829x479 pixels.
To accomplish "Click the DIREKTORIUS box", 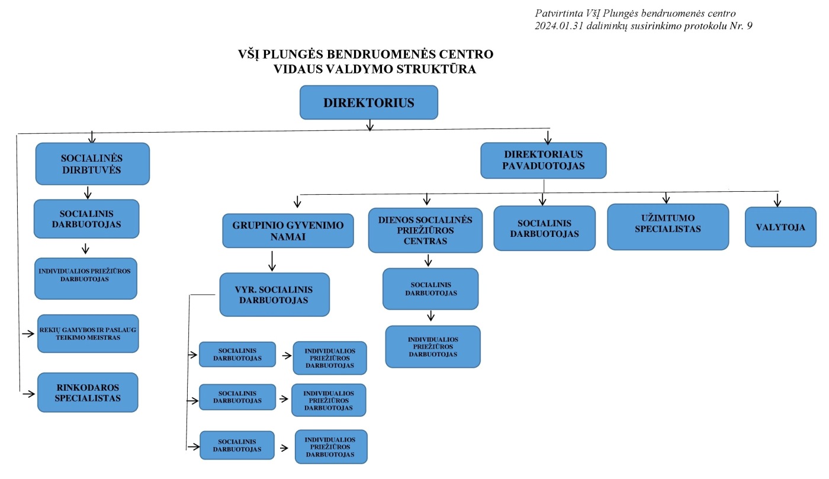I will point(368,102).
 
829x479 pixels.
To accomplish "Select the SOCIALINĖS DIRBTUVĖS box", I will point(92,163).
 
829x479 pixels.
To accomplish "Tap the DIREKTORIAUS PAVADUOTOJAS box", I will point(544,160).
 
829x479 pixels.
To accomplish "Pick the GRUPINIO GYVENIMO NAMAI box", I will point(288,231).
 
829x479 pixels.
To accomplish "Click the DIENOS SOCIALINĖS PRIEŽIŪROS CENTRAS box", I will point(425,230).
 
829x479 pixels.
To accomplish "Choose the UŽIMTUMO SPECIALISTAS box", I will point(667,227).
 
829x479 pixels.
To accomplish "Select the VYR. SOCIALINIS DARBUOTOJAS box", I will point(274,294).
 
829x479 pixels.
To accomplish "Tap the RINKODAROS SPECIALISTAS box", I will point(88,393).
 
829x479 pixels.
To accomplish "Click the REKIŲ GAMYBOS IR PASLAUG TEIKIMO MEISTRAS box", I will point(88,333).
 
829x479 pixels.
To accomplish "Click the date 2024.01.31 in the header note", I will point(557,25).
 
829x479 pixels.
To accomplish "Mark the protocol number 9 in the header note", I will point(749,25).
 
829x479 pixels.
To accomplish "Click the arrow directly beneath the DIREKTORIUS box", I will point(370,125).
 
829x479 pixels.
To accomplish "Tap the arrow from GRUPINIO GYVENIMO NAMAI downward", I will point(272,261).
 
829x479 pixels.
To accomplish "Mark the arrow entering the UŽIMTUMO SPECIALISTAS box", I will point(666,197).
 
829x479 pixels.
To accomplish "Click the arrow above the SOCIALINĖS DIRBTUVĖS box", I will point(92,137).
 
